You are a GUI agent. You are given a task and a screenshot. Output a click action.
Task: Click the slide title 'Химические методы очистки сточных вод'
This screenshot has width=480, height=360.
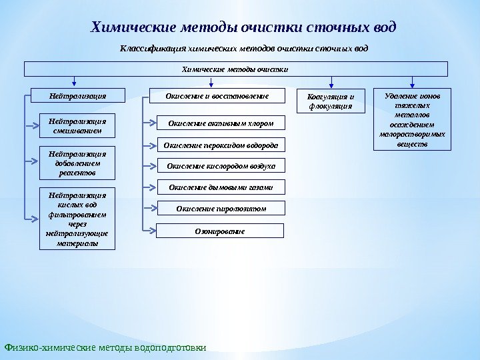[x=243, y=27]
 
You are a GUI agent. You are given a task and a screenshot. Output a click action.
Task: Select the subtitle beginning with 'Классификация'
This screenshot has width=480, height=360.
[x=243, y=49]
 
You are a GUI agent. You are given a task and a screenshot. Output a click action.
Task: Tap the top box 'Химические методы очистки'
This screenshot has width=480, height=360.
[x=236, y=69]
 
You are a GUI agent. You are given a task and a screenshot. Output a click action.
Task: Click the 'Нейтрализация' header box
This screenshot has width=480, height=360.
[x=78, y=97]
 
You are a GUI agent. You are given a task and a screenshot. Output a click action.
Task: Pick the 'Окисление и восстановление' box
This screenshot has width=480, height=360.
[x=217, y=97]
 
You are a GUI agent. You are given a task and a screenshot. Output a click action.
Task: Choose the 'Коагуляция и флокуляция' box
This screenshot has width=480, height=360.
[x=330, y=101]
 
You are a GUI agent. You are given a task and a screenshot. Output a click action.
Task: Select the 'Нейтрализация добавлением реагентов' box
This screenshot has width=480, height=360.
[x=78, y=163]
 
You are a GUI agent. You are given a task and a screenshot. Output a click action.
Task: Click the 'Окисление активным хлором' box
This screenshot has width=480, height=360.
[x=220, y=123]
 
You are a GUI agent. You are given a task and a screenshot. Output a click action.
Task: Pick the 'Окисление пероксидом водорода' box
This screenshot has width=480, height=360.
[x=220, y=144]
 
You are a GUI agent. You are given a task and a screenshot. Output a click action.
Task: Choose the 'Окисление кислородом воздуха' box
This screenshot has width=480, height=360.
[x=220, y=165]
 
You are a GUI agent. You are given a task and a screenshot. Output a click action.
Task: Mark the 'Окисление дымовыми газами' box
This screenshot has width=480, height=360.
[x=220, y=187]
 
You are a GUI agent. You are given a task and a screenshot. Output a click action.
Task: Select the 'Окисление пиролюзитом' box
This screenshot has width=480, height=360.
[x=220, y=209]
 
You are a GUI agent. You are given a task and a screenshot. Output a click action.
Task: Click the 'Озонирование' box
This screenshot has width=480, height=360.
[x=220, y=231]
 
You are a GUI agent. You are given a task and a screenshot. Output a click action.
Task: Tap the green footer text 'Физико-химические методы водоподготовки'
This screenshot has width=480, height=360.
[x=105, y=347]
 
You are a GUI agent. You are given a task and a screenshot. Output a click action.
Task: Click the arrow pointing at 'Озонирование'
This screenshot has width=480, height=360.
[x=149, y=231]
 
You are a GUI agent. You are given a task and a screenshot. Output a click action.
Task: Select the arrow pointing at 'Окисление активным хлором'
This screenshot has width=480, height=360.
[x=149, y=123]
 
